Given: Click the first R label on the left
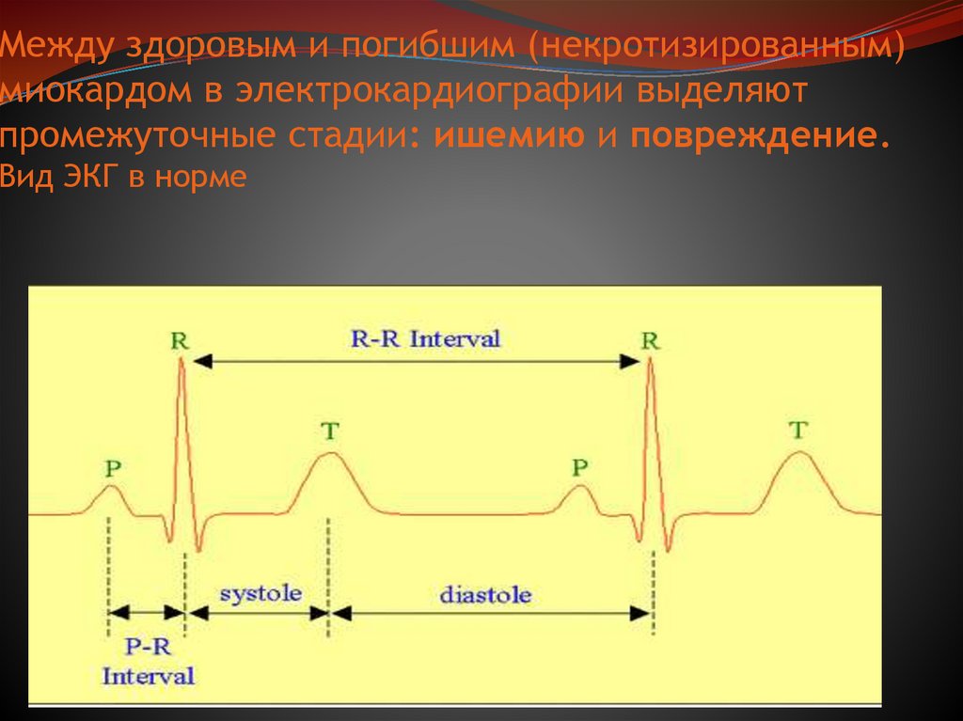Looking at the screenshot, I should click(x=180, y=340).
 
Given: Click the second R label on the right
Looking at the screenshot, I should click(x=650, y=340).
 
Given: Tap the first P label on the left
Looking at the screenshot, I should click(x=113, y=467).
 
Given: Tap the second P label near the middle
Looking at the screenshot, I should click(x=581, y=467).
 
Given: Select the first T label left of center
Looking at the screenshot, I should click(x=329, y=431).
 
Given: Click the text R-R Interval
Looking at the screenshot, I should click(x=426, y=339).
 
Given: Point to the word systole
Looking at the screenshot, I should click(x=260, y=593).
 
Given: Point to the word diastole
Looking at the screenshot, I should click(x=485, y=595).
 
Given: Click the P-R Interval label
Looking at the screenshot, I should click(x=149, y=661).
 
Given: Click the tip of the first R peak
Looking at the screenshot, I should click(x=182, y=361).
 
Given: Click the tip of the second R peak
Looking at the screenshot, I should click(x=650, y=361).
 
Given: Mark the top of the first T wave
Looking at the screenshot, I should click(x=328, y=453).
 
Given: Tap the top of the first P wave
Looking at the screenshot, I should click(x=112, y=486).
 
